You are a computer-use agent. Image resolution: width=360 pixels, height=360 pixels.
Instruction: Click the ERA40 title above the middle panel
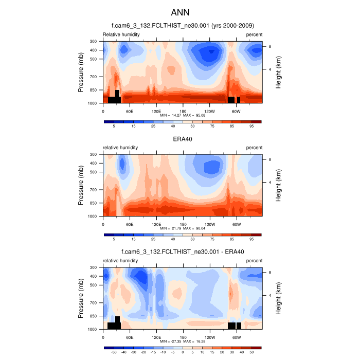pos(183,138)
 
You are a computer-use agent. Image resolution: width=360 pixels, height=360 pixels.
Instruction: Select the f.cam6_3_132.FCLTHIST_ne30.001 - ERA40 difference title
pos(183,252)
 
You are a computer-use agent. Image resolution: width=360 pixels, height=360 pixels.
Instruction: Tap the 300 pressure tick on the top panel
pos(94,41)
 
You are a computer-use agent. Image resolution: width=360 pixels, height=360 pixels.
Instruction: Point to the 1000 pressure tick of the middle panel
pos(93,217)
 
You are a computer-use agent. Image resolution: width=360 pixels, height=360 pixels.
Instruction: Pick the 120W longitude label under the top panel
pos(209,111)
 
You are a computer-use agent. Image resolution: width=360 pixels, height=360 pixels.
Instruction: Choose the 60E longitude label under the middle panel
pos(130,224)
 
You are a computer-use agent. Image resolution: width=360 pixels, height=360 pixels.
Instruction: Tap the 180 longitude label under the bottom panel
pos(183,337)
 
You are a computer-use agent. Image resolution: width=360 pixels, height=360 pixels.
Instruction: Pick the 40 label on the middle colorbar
pos(173,239)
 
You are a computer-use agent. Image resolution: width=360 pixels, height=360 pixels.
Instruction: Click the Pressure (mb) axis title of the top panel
pos(81,73)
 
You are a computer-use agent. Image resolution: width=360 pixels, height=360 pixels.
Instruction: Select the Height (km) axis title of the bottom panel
pos(278,298)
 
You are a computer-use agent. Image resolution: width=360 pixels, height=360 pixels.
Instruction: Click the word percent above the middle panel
pos(254,148)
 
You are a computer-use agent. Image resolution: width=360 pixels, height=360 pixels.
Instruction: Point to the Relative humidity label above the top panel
pos(121,34)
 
